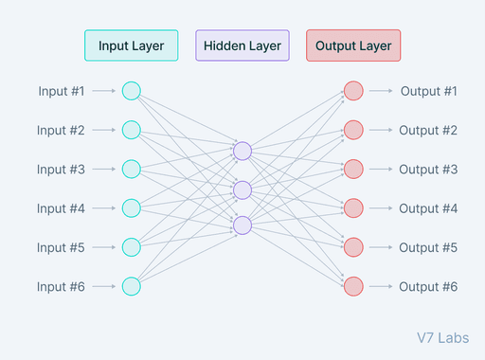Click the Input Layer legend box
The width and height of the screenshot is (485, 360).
tap(131, 45)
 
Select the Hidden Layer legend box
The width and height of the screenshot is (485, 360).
tap(242, 45)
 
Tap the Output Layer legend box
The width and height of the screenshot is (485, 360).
tap(353, 45)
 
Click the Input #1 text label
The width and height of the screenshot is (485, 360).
tap(62, 91)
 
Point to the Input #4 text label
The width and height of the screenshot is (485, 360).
tap(62, 208)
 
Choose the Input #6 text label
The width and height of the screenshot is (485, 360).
tap(62, 286)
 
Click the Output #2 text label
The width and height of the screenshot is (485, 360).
tap(428, 130)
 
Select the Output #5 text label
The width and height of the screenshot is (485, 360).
tap(428, 247)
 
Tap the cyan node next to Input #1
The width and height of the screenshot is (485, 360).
tap(132, 91)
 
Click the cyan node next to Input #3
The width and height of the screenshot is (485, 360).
tap(132, 169)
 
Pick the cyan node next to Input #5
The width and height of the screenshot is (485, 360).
tap(132, 247)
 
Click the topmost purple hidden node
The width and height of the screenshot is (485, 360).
tap(242, 151)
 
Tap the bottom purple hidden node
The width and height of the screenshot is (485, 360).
tap(242, 225)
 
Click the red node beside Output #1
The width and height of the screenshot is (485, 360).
tap(353, 91)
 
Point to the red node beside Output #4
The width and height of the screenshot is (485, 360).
tap(353, 208)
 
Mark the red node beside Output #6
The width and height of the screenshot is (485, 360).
tap(353, 286)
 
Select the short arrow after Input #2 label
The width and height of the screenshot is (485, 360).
tap(106, 130)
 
